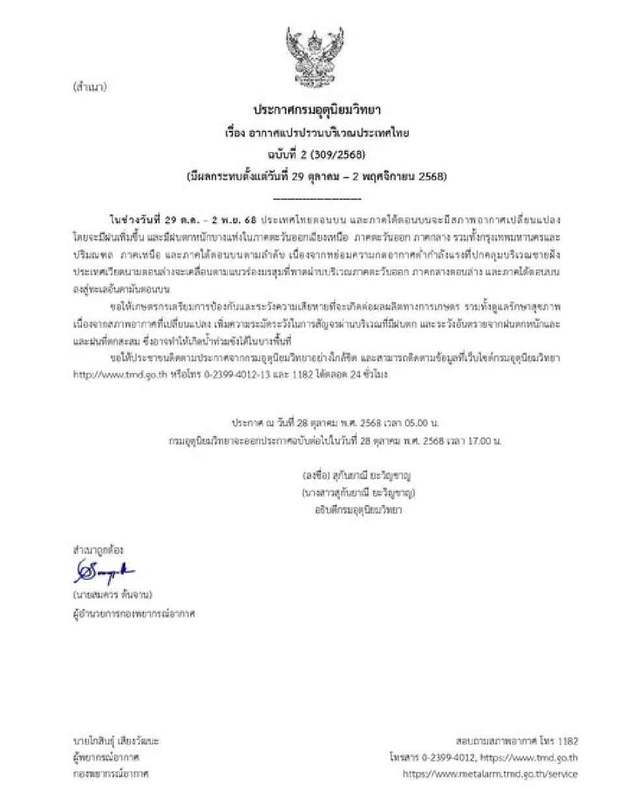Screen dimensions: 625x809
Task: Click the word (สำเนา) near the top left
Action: pos(90,87)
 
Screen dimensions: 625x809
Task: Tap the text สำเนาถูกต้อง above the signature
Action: pos(98,550)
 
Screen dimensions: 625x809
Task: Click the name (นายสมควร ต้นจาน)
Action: pos(113,595)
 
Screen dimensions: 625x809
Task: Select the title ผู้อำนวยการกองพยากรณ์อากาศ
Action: pos(134,613)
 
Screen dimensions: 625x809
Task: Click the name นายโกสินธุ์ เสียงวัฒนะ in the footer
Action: pos(116,741)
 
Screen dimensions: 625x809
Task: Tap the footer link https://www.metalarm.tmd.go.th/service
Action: pos(490,774)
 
